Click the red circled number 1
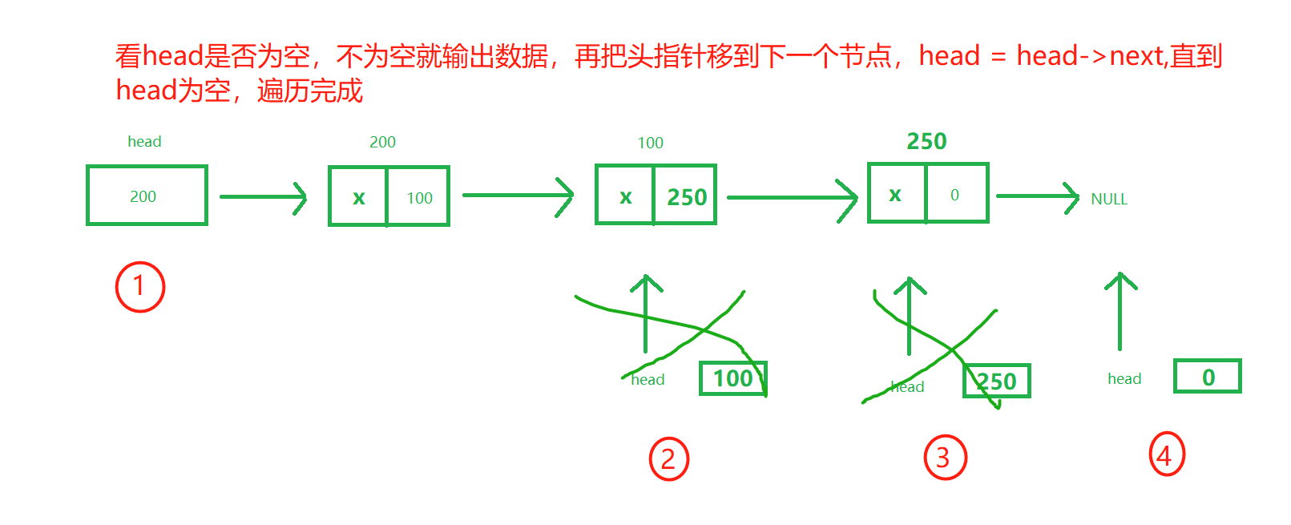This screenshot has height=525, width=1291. [140, 286]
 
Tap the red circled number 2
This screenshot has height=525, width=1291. [668, 458]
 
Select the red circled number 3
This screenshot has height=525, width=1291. [945, 457]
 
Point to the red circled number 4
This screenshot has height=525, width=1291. [1166, 454]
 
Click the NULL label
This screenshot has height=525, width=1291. [1109, 199]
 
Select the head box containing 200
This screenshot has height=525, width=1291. [147, 196]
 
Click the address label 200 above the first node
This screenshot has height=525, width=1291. [382, 142]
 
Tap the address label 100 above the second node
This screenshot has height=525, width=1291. [650, 143]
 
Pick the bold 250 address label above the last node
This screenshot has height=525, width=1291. [926, 141]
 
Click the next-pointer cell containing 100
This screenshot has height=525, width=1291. [418, 197]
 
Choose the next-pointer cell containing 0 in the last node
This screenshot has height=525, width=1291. [956, 194]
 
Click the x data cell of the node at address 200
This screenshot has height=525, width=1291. [358, 197]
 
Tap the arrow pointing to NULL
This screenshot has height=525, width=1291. [1037, 197]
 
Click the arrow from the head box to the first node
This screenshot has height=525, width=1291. [263, 197]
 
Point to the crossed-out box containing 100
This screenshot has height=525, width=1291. [732, 378]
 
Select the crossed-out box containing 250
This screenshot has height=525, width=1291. [997, 381]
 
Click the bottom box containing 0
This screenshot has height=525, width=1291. [1207, 376]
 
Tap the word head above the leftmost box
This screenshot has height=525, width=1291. [144, 142]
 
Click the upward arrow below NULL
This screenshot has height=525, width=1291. [1120, 312]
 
